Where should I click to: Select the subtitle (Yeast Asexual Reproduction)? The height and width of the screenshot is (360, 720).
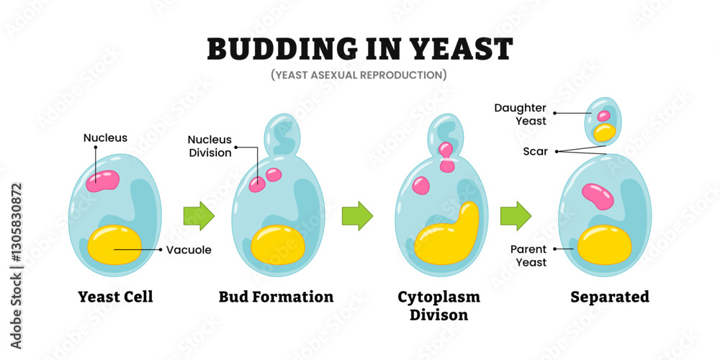pos(359,74)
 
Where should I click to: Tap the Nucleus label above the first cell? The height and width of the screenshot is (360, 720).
pos(105,138)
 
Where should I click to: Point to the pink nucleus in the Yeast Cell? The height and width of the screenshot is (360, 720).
pos(103,180)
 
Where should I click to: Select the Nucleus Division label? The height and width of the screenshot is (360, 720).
pos(210,145)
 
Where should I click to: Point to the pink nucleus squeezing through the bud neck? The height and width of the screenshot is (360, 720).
pos(447,158)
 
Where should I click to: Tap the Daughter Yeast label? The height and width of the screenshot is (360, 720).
pos(521,114)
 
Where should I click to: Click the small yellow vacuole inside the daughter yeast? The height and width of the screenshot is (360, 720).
pos(604,132)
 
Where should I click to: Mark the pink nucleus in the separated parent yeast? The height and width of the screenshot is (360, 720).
pos(597,194)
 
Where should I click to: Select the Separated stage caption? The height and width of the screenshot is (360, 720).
pos(610,297)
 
